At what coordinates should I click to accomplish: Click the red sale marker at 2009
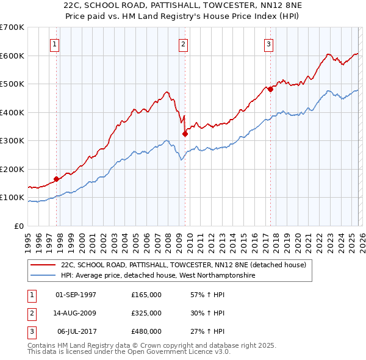coord(185,134)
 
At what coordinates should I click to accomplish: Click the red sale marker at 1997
coord(56,179)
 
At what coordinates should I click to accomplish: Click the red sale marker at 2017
coord(270,89)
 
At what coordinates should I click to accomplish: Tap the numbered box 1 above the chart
coord(55,43)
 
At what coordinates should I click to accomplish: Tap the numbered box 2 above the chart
coord(183,43)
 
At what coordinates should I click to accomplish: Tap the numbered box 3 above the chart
coord(268,43)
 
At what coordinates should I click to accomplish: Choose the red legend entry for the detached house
coord(187,265)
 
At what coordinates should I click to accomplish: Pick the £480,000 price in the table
coord(146,331)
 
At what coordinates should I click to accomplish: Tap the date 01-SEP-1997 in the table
coord(76,295)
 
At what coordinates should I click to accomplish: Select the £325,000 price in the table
coord(146,313)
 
